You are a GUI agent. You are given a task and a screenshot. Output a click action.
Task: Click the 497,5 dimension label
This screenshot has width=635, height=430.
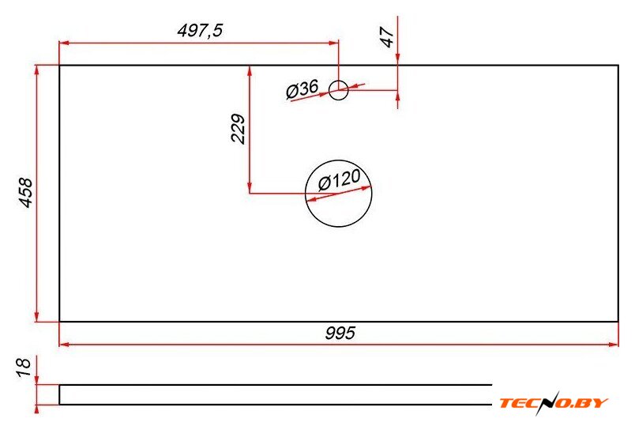pos(200,30)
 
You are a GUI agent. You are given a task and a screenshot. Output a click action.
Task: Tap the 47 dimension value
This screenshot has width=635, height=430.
pos(388,37)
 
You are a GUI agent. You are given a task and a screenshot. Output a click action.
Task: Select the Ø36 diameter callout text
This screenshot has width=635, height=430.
pos(302,89)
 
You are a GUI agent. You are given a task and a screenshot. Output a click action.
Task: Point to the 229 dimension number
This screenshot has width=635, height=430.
pos(239,129)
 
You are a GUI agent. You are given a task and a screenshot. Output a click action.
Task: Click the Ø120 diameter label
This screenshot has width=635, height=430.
pos(339,180)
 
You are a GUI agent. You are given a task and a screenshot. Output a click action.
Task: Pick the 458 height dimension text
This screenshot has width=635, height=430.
pos(26,193)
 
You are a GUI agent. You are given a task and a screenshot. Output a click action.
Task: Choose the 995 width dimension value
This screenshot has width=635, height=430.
pos(340,333)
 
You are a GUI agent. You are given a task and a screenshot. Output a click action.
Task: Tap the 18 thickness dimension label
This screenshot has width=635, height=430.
pos(24,368)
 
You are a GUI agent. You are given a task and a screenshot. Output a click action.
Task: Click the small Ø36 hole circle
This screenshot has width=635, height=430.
pos(338,81)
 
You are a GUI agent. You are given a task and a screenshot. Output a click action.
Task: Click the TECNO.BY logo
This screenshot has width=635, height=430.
pos(554,403)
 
